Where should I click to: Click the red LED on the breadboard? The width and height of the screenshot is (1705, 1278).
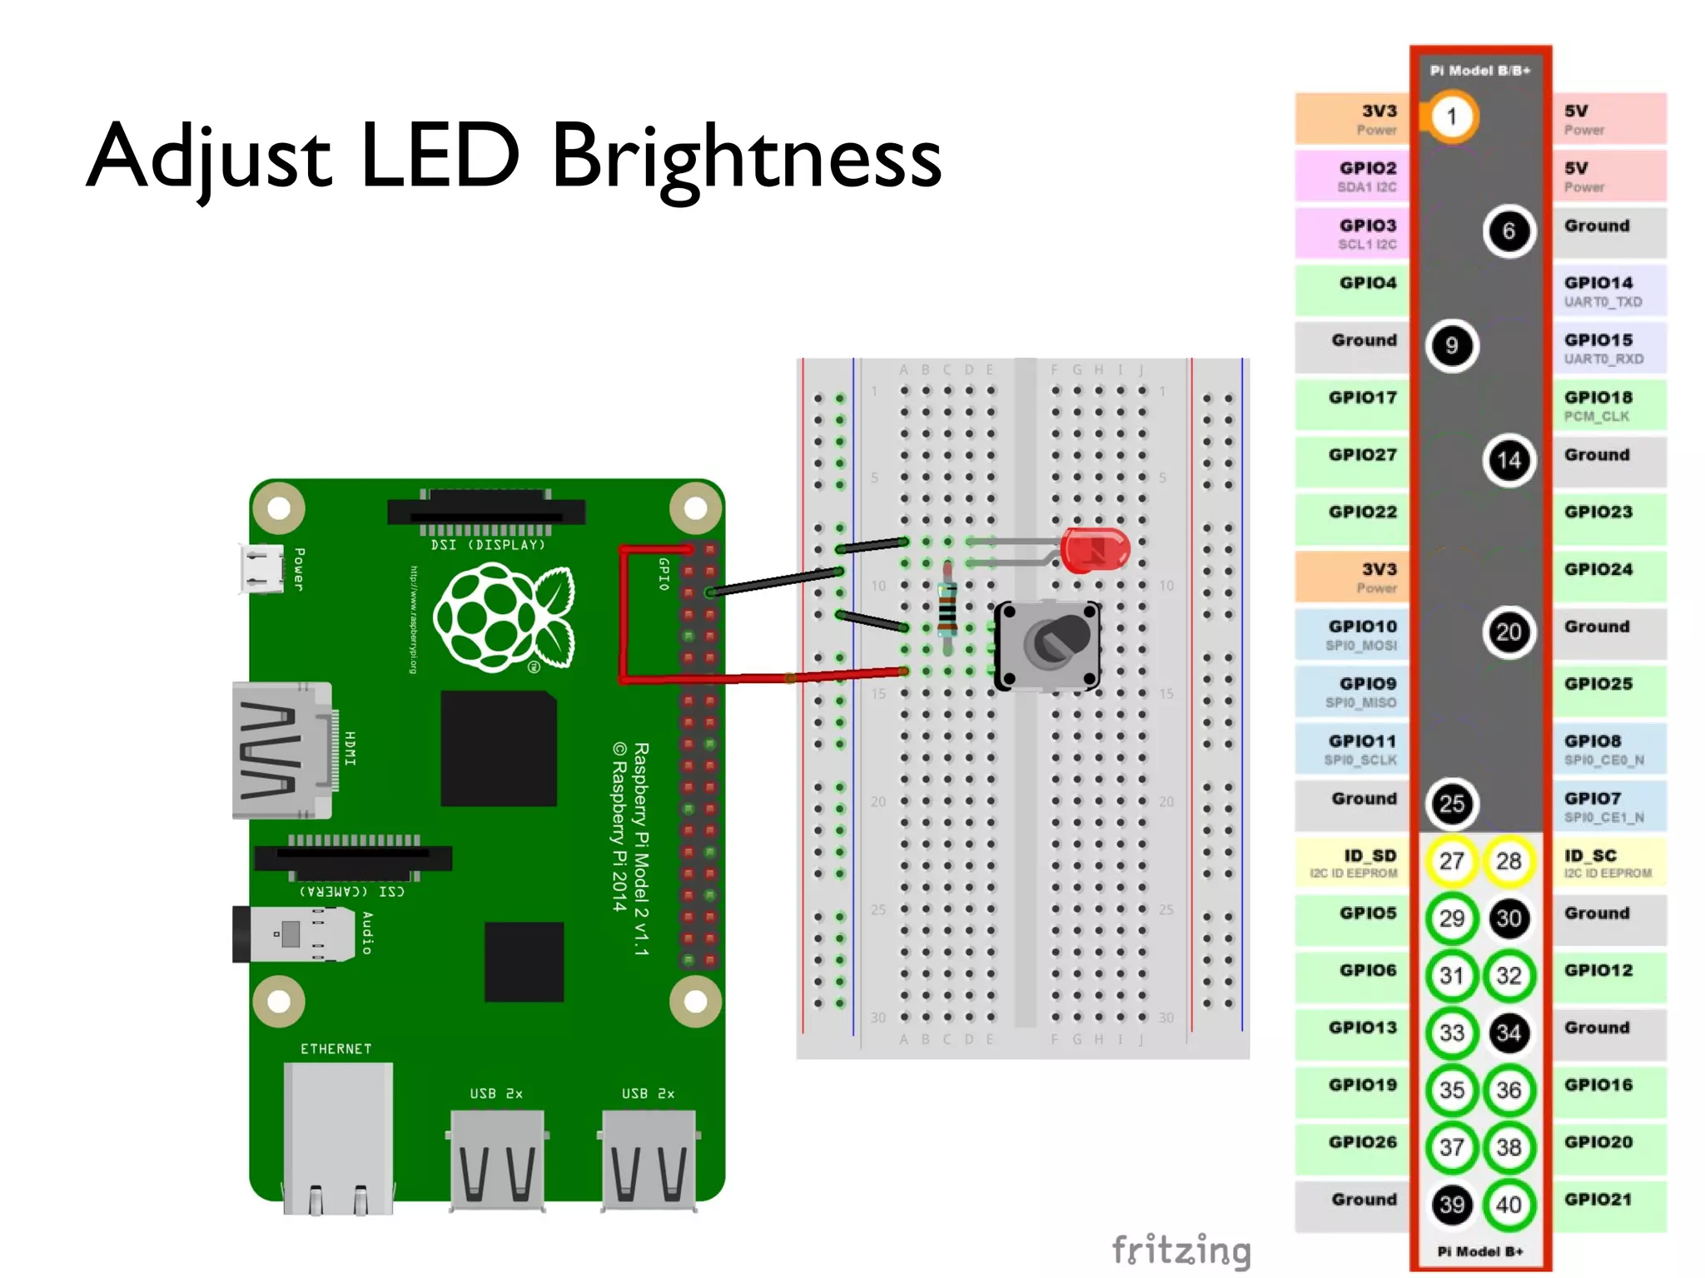pyautogui.click(x=1094, y=549)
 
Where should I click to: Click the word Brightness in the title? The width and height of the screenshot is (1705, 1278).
pyautogui.click(x=746, y=156)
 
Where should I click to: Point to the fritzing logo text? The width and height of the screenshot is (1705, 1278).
pyautogui.click(x=1181, y=1250)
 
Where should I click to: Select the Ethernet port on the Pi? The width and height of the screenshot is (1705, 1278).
pyautogui.click(x=337, y=1136)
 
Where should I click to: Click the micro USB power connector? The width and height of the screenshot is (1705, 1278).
pyautogui.click(x=261, y=569)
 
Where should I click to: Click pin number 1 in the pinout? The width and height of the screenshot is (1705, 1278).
pyautogui.click(x=1451, y=116)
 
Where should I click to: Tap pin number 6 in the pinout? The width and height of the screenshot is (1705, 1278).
pyautogui.click(x=1509, y=230)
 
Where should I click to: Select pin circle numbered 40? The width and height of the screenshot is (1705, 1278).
pyautogui.click(x=1509, y=1204)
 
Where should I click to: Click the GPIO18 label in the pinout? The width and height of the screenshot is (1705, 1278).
pyautogui.click(x=1598, y=398)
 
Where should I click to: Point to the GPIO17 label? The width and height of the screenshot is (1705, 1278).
pyautogui.click(x=1362, y=398)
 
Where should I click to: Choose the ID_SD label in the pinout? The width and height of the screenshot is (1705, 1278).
pyautogui.click(x=1369, y=856)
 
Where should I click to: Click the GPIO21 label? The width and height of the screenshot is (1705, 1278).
pyautogui.click(x=1598, y=1200)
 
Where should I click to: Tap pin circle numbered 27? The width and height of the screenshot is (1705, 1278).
pyautogui.click(x=1451, y=861)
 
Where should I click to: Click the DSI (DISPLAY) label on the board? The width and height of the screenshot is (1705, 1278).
pyautogui.click(x=487, y=545)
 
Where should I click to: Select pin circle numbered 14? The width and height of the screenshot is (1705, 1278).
pyautogui.click(x=1509, y=460)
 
